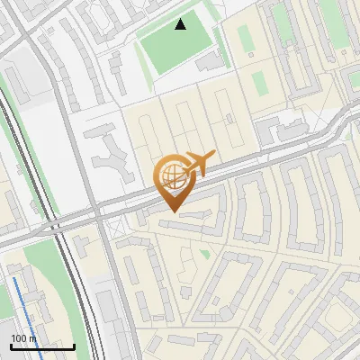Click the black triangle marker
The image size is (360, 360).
coord(181,24)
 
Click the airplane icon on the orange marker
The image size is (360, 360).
coord(199,163)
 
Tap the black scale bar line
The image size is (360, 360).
coord(42,346)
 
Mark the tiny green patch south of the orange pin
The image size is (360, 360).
coord(205,255)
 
